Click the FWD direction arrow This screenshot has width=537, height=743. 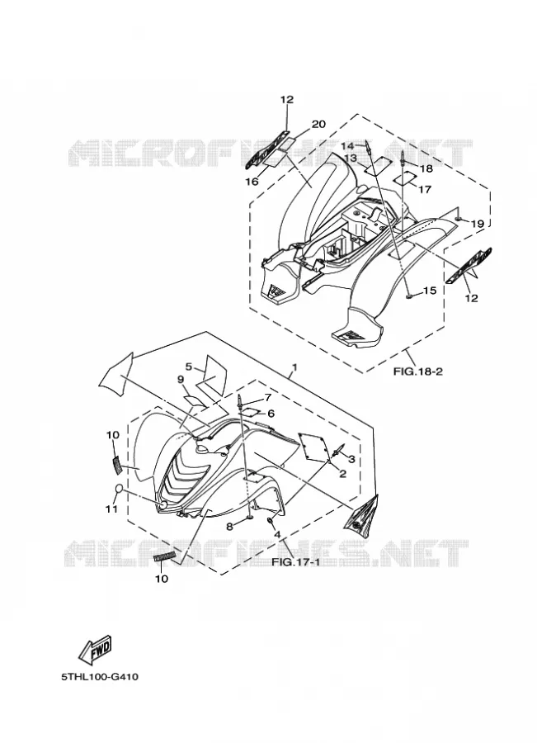click(x=95, y=651)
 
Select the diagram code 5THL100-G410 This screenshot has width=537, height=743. click(x=100, y=677)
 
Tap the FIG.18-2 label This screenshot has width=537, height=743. click(x=417, y=371)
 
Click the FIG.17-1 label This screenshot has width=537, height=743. click(x=295, y=562)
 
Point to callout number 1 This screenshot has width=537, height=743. click(x=294, y=367)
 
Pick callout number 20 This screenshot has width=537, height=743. click(x=318, y=124)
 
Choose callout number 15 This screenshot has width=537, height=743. click(x=430, y=290)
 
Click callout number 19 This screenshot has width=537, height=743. click(x=478, y=224)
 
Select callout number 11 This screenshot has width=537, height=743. click(x=111, y=509)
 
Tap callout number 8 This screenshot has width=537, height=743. click(x=229, y=526)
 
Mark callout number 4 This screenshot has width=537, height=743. click(x=277, y=534)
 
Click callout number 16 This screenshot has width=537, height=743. click(x=252, y=182)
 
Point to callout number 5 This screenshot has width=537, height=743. click(x=188, y=367)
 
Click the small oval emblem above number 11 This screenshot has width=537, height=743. click(x=120, y=489)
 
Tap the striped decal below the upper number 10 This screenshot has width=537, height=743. click(x=116, y=464)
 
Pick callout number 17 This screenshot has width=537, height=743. click(x=425, y=190)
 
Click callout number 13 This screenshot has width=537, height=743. click(x=351, y=158)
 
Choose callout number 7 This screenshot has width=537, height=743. click(x=267, y=397)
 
